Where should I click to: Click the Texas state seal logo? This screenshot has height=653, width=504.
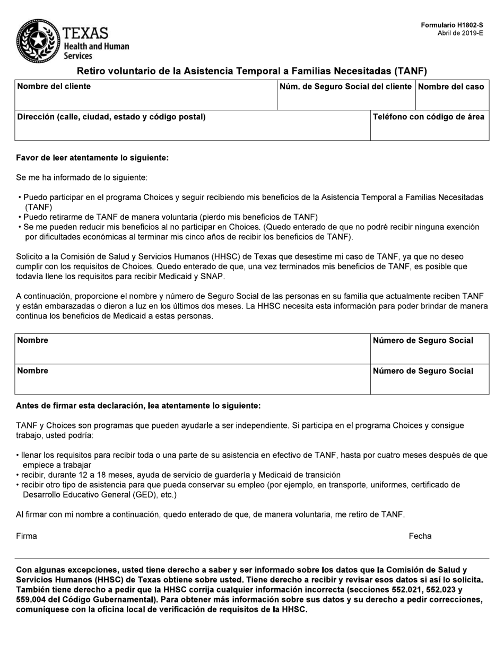click(x=38, y=41)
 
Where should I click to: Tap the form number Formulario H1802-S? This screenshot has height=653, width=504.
click(x=452, y=25)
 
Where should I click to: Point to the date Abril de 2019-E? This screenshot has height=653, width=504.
click(x=460, y=33)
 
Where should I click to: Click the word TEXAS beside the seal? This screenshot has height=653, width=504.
click(x=85, y=33)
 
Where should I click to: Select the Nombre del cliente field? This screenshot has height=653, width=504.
click(x=145, y=96)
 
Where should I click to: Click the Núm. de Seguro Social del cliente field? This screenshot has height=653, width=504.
click(x=346, y=96)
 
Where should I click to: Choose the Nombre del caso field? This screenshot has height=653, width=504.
click(x=452, y=96)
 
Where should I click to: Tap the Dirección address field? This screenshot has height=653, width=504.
click(x=192, y=126)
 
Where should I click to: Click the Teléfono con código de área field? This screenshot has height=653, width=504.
click(x=429, y=126)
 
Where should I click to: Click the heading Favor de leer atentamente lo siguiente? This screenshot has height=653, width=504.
click(x=92, y=158)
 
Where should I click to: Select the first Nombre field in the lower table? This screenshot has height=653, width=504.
click(x=192, y=349)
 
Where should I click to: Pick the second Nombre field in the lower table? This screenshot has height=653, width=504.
click(x=192, y=379)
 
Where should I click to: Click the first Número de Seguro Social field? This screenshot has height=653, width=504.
click(x=429, y=349)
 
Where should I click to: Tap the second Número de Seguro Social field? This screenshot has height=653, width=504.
click(x=429, y=379)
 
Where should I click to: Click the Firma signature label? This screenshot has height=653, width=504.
click(x=27, y=536)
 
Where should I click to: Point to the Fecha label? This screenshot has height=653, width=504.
click(x=420, y=536)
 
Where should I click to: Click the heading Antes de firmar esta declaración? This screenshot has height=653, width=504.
click(x=138, y=406)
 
